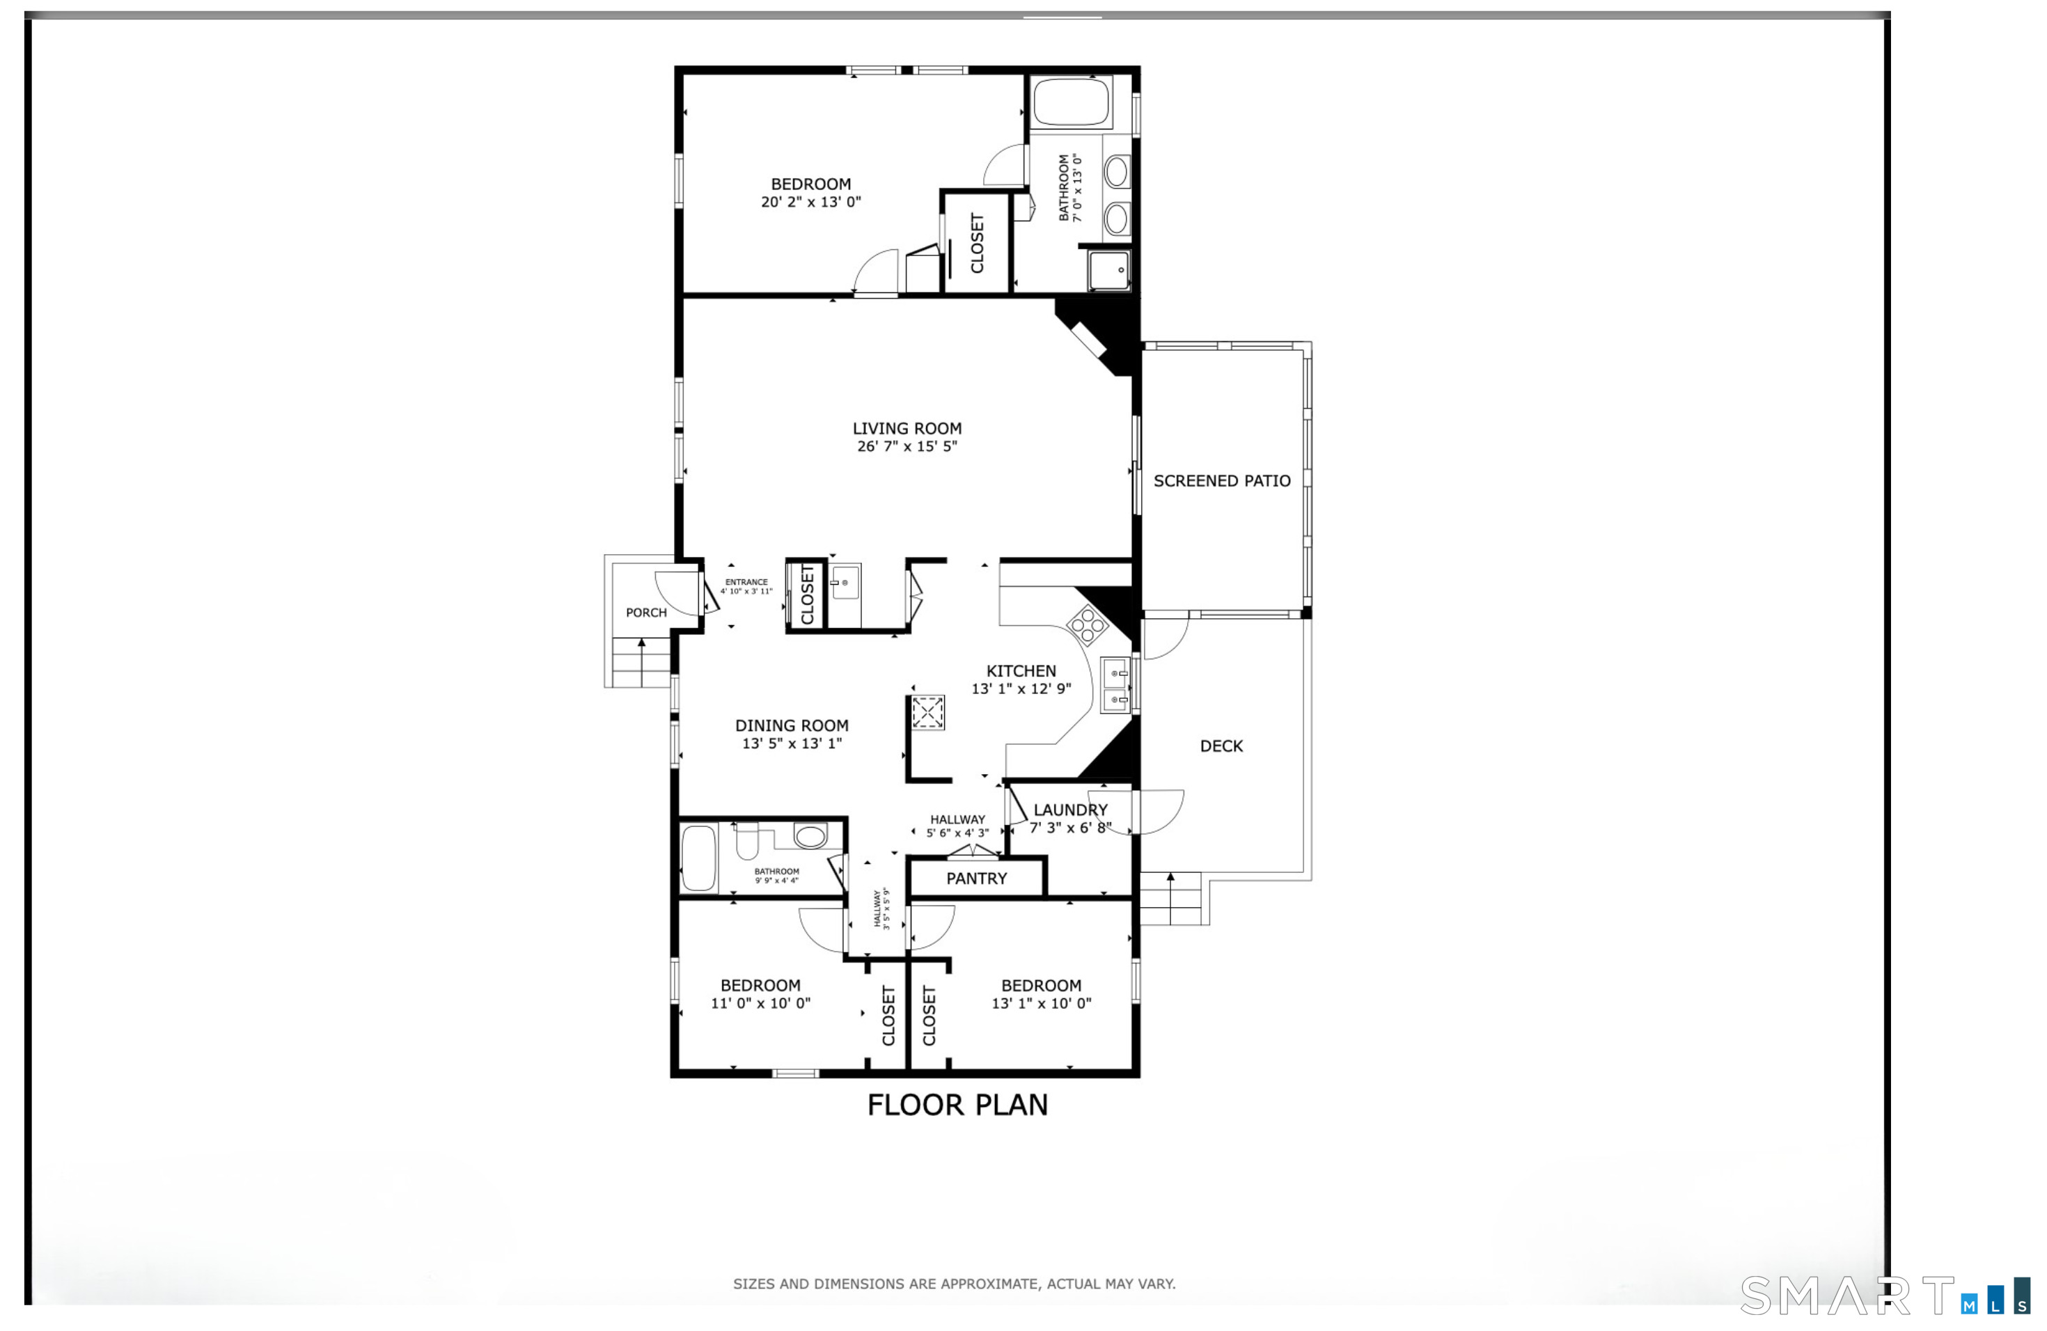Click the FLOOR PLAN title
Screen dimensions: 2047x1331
pos(957,1105)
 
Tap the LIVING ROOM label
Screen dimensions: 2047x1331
pos(907,428)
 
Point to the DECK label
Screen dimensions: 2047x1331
pos(1221,746)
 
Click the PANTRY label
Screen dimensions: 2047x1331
pos(976,879)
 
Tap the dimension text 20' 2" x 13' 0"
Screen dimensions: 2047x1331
pos(810,202)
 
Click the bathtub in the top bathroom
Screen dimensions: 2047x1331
pos(1071,102)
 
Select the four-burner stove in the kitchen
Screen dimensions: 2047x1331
pos(1087,624)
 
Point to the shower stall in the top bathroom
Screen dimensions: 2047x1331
pos(1108,271)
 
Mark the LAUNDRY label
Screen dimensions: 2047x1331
pos(1070,810)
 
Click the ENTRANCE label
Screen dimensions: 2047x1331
pos(746,582)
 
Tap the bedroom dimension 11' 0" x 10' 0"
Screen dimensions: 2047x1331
pos(760,1003)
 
